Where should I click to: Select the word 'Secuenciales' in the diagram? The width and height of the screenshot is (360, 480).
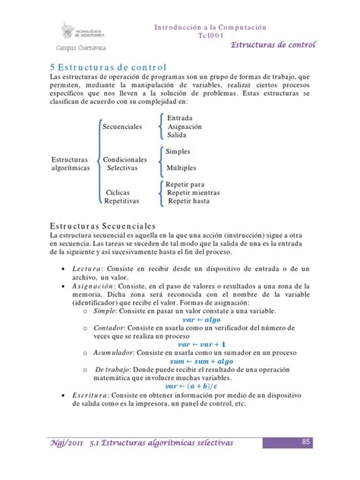tap(122, 128)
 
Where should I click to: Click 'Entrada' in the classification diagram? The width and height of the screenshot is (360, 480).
tap(180, 118)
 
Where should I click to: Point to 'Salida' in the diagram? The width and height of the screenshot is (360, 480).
tap(177, 136)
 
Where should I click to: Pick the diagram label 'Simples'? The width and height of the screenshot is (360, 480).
tap(178, 152)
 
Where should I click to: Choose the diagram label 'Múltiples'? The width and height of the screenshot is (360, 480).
tap(183, 167)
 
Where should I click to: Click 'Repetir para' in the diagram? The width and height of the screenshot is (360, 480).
tap(186, 184)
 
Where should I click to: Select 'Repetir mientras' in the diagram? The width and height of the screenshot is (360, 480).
tap(194, 193)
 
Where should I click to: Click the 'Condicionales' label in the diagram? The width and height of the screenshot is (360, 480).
tap(125, 159)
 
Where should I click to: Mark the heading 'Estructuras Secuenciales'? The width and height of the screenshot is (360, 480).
tap(103, 226)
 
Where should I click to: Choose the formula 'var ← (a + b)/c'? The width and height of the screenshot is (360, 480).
tap(196, 386)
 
